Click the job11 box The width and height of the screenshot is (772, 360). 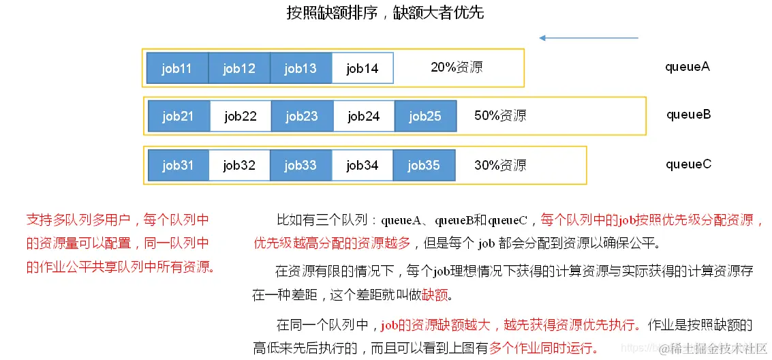tap(177, 68)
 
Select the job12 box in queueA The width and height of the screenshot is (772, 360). tap(239, 68)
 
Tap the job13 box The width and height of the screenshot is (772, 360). tap(301, 68)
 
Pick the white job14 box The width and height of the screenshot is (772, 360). tap(362, 68)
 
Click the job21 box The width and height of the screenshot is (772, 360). tap(179, 116)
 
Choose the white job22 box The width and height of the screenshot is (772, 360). tap(241, 116)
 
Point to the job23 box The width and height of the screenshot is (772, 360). tap(302, 116)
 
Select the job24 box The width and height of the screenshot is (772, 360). tap(364, 116)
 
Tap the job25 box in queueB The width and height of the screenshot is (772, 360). tap(425, 116)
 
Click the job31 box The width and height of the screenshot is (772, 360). tap(179, 165)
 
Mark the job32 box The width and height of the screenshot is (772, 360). tap(239, 165)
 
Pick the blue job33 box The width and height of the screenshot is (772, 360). tap(301, 165)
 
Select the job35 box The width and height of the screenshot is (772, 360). tap(424, 165)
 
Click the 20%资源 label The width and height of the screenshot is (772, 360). tap(457, 67)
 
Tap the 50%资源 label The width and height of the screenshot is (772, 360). tap(500, 116)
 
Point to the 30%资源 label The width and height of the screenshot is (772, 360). tap(500, 165)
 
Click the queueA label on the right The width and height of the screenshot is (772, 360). tap(688, 67)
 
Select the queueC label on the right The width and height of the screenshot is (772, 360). tap(688, 164)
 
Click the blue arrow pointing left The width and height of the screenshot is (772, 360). tap(588, 38)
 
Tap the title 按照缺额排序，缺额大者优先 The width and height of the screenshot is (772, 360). tap(385, 13)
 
